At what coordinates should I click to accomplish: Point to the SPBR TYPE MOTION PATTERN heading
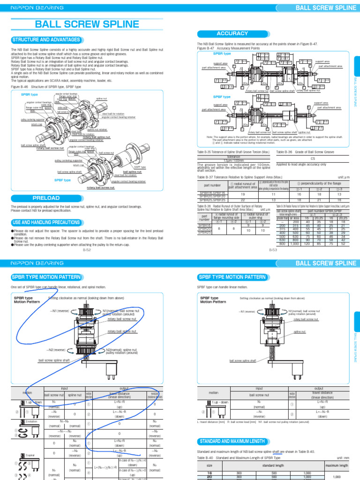click(47, 277)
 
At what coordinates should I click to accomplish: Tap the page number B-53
click(273, 250)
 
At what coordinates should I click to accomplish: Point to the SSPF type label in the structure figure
click(140, 167)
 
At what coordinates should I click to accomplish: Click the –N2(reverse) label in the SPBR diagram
click(56, 350)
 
